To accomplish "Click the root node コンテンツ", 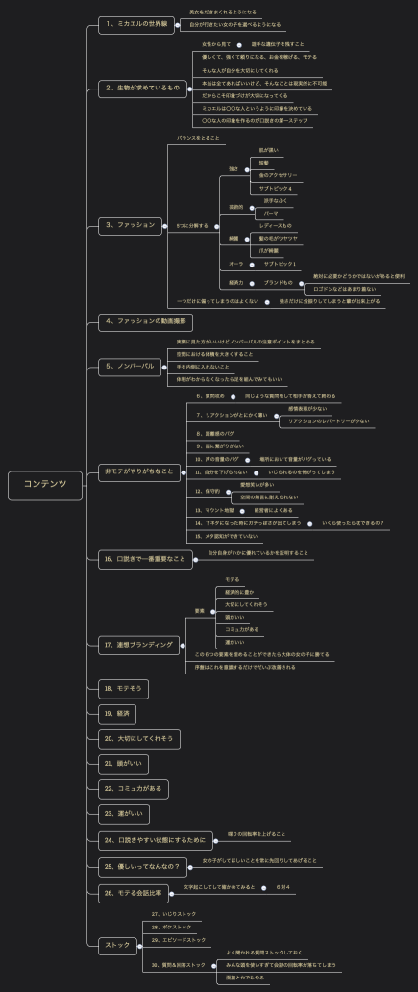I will (45, 484).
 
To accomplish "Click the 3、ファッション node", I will (130, 225).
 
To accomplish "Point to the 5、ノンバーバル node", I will (130, 367).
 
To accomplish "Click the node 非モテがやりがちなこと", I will (140, 471).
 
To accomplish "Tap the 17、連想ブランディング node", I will (139, 644).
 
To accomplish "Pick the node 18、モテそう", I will (123, 688).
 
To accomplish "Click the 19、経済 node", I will (119, 713).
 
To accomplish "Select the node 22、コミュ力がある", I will (134, 788).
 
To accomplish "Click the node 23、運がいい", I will (124, 814).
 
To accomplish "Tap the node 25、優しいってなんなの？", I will (143, 866).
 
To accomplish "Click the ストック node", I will (117, 945).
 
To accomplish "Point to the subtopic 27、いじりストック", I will (174, 913).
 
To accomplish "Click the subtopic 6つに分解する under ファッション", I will (192, 225).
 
